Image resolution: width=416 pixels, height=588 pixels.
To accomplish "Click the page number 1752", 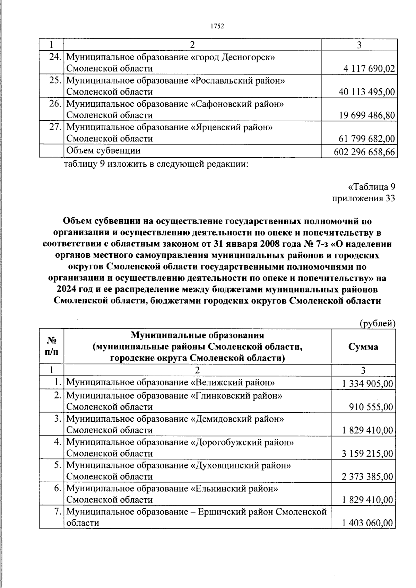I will coord(217,26).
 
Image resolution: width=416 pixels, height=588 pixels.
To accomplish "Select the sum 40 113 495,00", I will coord(366,92).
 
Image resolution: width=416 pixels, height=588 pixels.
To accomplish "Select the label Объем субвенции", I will coord(103,151).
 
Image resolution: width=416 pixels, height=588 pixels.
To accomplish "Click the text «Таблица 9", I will coord(371,187).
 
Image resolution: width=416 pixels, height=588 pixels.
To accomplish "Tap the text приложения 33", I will coord(363,199).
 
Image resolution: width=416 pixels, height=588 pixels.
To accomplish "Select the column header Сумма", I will coord(363,347).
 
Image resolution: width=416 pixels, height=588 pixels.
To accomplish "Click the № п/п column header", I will coord(51,346).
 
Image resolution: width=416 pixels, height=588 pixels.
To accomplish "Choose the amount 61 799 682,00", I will coord(366,139).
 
